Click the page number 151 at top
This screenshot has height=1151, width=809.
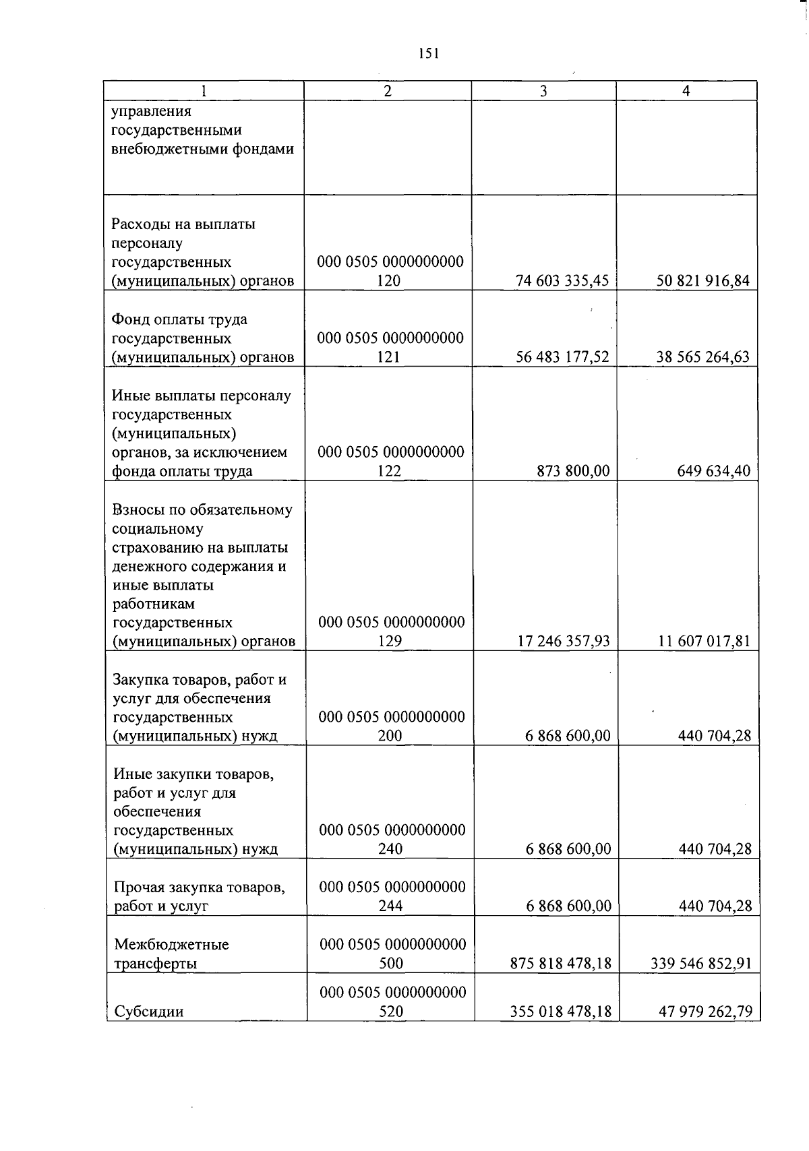[428, 54]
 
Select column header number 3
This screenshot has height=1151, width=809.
[543, 91]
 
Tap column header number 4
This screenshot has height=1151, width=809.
[686, 91]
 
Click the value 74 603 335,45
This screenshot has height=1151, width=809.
[562, 281]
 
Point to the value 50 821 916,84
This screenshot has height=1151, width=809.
[702, 281]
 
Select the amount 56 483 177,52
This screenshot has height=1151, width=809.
[562, 357]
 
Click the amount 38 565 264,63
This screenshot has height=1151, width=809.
[702, 357]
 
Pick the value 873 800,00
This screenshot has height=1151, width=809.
[573, 471]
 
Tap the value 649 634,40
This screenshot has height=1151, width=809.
[713, 471]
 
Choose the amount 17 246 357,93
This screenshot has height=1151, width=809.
[563, 641]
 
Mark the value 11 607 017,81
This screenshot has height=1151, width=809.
[704, 641]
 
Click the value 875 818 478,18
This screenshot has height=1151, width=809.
[562, 964]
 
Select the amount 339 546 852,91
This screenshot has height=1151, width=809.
[701, 964]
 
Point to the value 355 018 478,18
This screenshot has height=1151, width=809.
[562, 1012]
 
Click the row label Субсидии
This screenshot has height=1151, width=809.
[148, 1012]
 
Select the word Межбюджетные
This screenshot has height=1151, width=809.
[171, 944]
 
